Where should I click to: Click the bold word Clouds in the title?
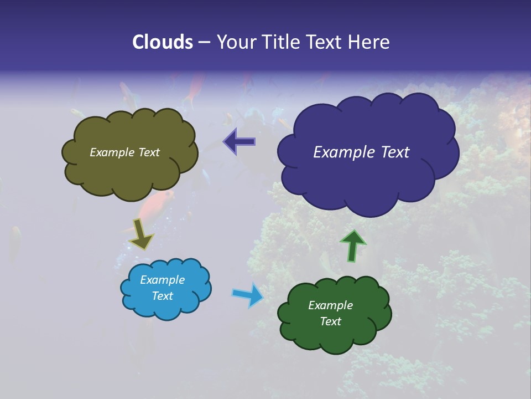pos(163,42)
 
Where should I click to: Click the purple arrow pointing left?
pos(240,141)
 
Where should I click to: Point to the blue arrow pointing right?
pos(247,294)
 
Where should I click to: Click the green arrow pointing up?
pos(353,245)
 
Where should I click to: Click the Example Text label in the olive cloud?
pos(124,152)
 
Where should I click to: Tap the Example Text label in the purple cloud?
pos(361,152)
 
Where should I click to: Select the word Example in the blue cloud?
pos(163,280)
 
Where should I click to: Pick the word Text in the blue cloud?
pos(163,296)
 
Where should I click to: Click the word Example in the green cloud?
pos(330,305)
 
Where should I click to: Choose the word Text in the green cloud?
pos(330,321)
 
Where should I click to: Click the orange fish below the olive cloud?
pos(157,205)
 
